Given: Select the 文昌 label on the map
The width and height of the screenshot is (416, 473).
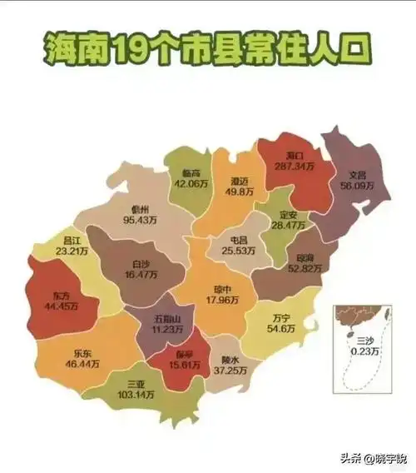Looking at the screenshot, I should [357, 176].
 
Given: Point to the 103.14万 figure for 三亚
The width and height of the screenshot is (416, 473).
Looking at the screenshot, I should [135, 395].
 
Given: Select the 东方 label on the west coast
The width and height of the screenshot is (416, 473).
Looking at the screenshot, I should [61, 296].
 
